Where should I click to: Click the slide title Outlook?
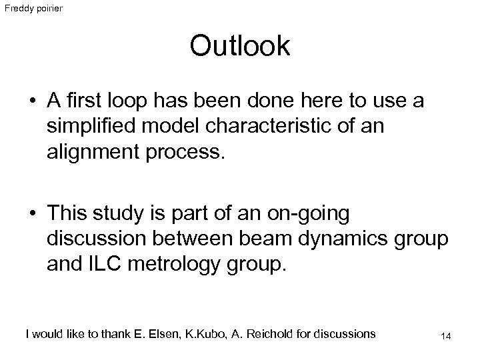[x=239, y=46]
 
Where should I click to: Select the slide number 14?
[x=446, y=336]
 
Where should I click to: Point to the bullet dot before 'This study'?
[x=31, y=215]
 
